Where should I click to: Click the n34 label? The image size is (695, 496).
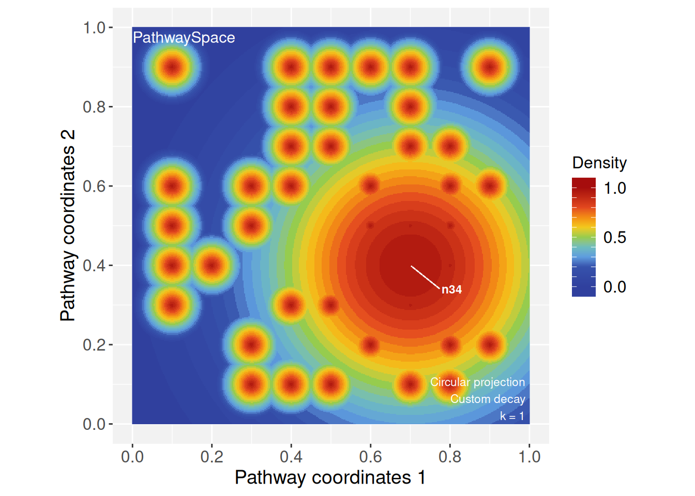(451, 290)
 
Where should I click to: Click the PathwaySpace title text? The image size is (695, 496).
(184, 38)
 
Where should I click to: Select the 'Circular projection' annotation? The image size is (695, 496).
(477, 382)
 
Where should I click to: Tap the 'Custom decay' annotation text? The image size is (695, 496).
(488, 399)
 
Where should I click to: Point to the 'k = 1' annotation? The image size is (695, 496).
(512, 416)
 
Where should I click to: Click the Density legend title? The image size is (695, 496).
(599, 163)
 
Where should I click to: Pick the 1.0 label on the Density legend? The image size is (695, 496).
(615, 188)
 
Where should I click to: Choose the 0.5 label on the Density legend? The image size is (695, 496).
(615, 238)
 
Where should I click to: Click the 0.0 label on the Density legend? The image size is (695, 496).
(615, 287)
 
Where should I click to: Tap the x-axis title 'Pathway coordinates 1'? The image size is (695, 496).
(330, 477)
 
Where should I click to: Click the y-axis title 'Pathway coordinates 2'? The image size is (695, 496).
(68, 226)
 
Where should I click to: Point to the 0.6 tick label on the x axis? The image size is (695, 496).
(370, 457)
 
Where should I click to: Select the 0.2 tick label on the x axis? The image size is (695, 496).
(211, 457)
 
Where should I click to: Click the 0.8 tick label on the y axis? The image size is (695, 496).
(95, 107)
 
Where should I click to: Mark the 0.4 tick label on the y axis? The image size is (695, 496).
(95, 266)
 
